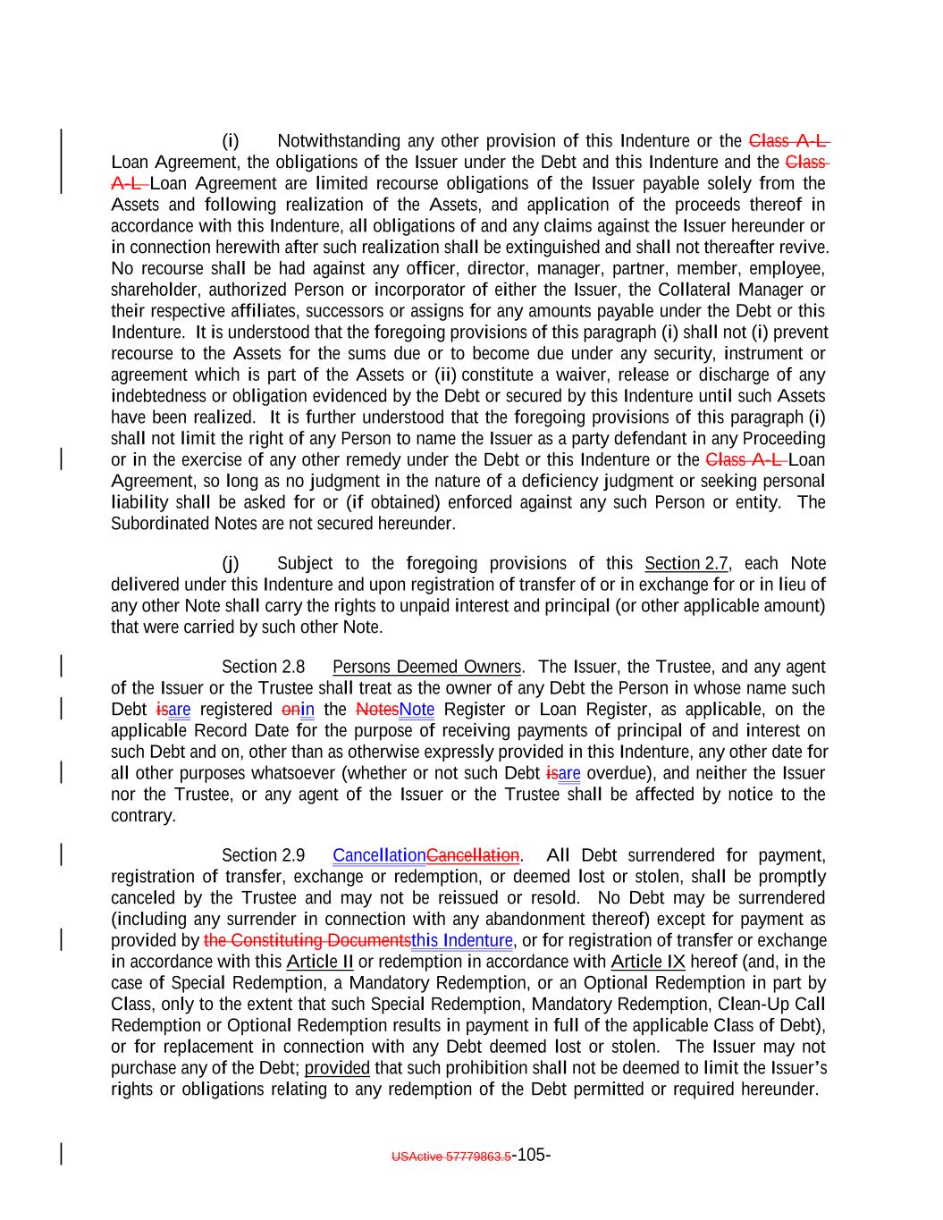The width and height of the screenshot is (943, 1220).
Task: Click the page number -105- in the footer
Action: [531, 1155]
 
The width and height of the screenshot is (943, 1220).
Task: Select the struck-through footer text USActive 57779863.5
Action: [450, 1157]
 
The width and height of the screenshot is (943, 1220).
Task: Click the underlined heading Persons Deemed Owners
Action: [426, 668]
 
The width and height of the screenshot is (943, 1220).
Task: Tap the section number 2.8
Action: [293, 668]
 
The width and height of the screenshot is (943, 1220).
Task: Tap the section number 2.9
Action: [293, 856]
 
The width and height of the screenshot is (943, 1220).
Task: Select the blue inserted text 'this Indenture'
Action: [462, 941]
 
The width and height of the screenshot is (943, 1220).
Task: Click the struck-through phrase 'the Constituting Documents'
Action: [307, 941]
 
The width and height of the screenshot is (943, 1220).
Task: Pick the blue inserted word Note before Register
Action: [417, 711]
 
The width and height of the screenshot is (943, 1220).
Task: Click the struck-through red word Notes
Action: [377, 711]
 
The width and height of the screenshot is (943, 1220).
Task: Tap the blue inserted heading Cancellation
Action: [379, 856]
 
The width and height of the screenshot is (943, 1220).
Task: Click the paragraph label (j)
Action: [231, 564]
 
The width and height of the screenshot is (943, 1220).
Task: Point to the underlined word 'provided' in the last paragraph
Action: [337, 1069]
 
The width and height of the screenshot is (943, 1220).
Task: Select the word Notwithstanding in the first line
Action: [339, 141]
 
